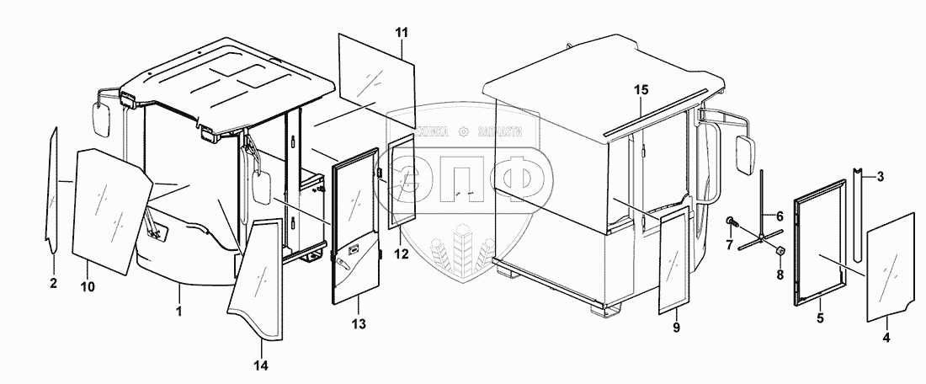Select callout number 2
coord(53,283)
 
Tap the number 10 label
coord(88,287)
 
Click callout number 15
coord(641,89)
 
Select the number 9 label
coord(676,325)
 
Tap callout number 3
coord(879,176)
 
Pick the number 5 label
coord(819,319)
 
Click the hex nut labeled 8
coord(780,251)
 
